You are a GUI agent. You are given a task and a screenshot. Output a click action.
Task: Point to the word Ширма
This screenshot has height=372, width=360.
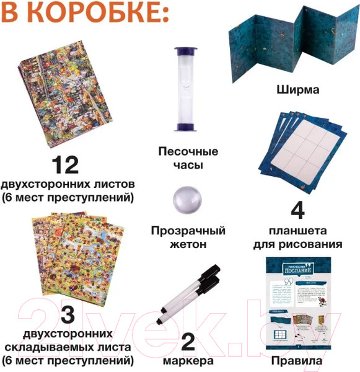coord(298,90)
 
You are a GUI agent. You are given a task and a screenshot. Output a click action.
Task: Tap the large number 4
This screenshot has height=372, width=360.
coord(297,211)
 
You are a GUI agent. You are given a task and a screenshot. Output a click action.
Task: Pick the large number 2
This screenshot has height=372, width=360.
coord(188,340)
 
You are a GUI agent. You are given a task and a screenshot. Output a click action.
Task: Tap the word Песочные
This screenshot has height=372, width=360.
coord(188,151)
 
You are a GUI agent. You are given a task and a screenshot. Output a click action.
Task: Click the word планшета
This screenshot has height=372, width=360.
coord(297,231)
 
